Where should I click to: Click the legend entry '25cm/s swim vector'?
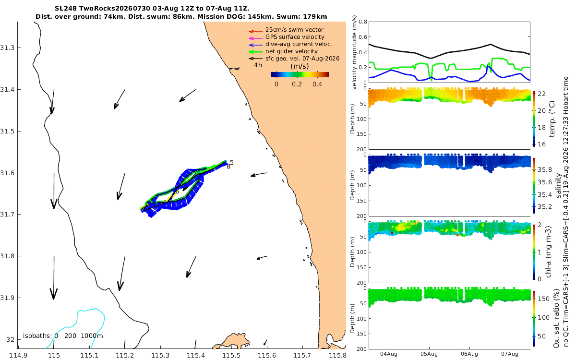coord(294,30)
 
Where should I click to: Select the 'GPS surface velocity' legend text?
coord(295,37)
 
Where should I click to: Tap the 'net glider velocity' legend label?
coord(291,51)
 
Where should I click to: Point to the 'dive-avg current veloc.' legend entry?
coord(299,44)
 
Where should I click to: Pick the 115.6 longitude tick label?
coord(267,356)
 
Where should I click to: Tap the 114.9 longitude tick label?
coord(19,356)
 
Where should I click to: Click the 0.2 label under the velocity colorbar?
coord(297,84)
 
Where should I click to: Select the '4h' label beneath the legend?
coord(258,65)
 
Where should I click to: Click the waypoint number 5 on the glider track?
coord(232,163)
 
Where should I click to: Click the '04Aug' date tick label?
coord(388,354)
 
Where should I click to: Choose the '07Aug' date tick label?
coord(509,354)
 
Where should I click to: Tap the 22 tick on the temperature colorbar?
coord(541,94)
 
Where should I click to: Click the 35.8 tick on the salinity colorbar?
coord(545,170)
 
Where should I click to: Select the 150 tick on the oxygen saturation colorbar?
coord(543,299)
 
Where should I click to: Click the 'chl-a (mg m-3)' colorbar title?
coord(548,252)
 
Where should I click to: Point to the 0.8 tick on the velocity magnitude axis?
coord(362,22)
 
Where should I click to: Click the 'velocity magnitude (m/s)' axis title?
coord(354,52)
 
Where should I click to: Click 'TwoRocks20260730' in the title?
coord(115,9)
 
